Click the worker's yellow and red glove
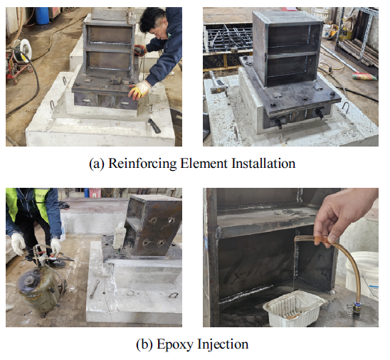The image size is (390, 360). click(x=139, y=90)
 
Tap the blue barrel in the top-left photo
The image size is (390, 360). click(x=42, y=16)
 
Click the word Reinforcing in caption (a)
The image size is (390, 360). click(x=142, y=164)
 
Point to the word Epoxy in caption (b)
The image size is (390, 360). click(x=175, y=344)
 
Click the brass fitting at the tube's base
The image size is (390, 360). click(x=356, y=308)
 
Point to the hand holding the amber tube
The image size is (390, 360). click(x=343, y=214)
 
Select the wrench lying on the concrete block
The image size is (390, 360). click(x=95, y=288)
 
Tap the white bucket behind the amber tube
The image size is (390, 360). click(x=363, y=273)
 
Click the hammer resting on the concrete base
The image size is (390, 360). click(x=218, y=83)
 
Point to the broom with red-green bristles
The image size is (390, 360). click(x=364, y=75)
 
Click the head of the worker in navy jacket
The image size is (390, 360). click(x=154, y=22)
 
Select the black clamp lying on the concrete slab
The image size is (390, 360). click(x=154, y=125)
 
